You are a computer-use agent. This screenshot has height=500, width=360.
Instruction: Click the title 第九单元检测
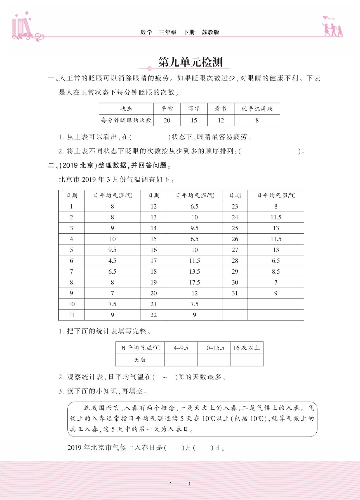[x=190, y=62]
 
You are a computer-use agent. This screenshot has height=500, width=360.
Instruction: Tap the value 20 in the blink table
[x=167, y=120]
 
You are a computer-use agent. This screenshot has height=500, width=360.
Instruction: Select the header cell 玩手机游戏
[x=257, y=109]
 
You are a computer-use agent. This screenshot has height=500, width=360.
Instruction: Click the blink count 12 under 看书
[x=221, y=120]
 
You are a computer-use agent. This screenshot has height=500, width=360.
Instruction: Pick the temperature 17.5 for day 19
[x=194, y=282]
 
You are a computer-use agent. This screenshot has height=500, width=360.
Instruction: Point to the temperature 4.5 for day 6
[x=112, y=261]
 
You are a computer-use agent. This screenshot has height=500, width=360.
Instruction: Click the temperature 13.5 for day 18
[x=194, y=271]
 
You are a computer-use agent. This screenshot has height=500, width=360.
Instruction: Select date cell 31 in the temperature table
[x=235, y=293]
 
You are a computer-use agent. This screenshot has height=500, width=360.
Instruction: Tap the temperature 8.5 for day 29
[x=276, y=271]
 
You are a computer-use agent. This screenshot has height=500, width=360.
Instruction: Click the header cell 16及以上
[x=246, y=348]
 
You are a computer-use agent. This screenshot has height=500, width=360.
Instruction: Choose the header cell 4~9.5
[x=181, y=348]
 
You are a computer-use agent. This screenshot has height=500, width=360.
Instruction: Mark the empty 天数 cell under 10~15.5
[x=214, y=360]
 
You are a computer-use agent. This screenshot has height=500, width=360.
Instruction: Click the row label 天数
[x=140, y=360]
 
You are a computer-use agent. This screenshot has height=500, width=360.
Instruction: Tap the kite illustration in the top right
[x=328, y=19]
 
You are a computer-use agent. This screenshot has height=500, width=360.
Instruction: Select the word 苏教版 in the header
[x=210, y=32]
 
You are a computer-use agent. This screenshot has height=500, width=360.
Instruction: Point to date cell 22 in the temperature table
[x=154, y=315]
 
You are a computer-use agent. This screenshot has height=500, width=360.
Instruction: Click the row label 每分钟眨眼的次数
[x=126, y=120]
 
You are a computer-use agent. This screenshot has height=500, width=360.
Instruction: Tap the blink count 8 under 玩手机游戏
[x=257, y=120]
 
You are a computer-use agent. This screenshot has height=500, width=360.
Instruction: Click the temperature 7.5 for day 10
[x=112, y=304]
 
